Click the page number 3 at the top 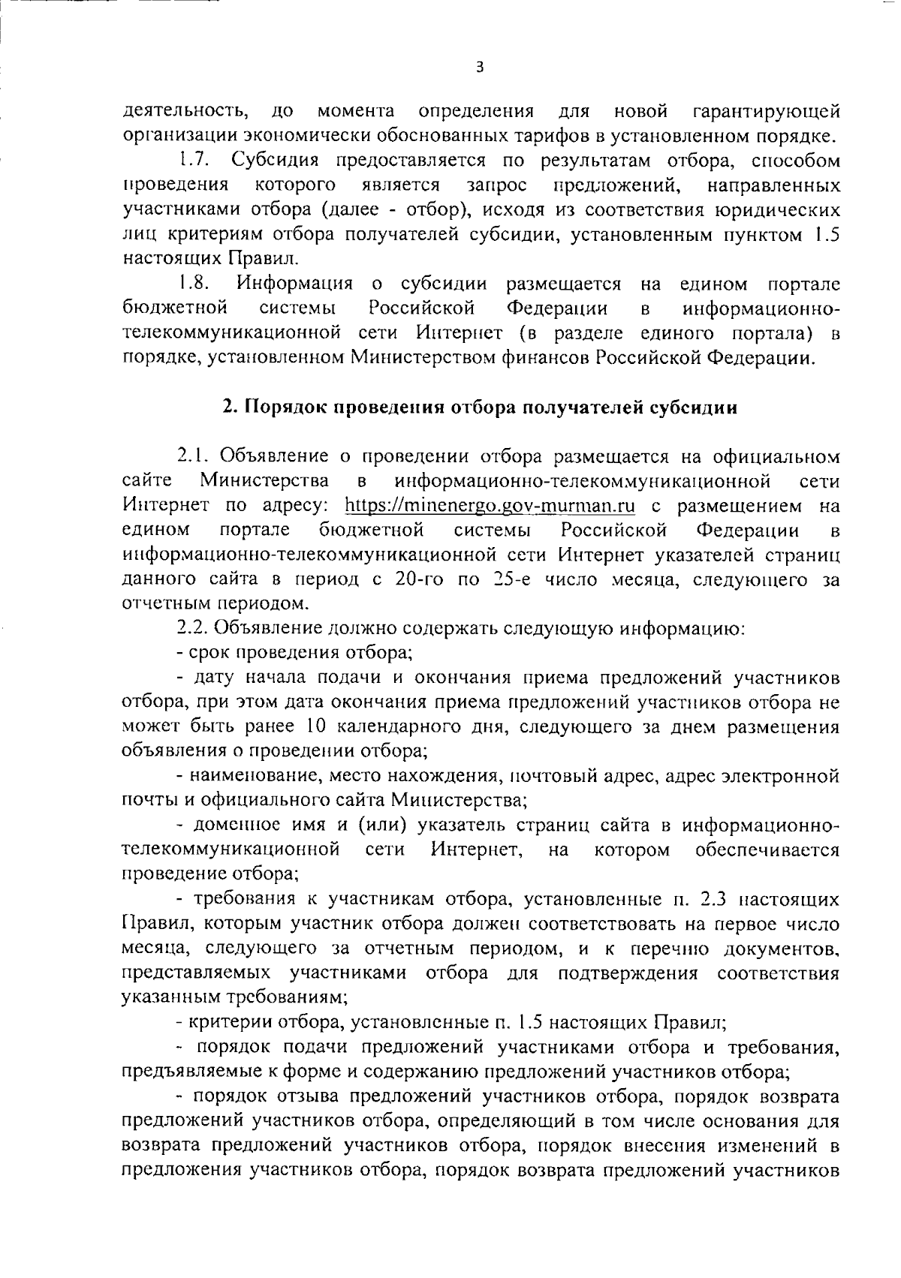point(481,68)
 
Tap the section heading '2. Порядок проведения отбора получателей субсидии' point(481,407)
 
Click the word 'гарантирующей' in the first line point(763,112)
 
